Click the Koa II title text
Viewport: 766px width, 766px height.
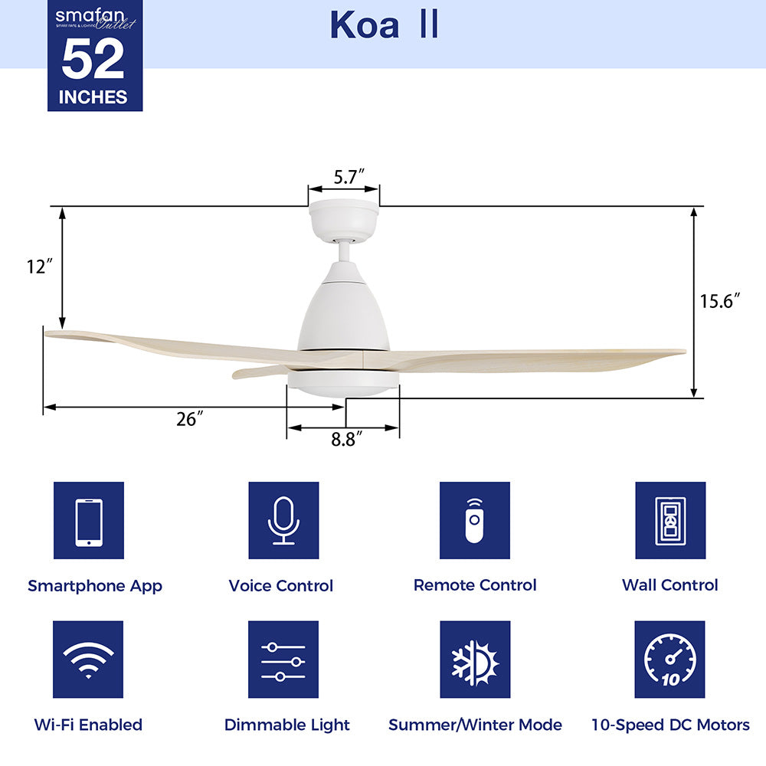tap(384, 25)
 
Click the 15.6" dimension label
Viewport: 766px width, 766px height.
tap(721, 301)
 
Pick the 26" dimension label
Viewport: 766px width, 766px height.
tap(188, 420)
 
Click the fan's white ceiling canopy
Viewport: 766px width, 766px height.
tap(344, 221)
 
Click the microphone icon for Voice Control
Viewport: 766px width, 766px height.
tap(283, 520)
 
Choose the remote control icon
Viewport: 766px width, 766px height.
tap(475, 520)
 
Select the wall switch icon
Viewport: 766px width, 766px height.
tap(670, 520)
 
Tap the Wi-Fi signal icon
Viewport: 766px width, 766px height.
tap(89, 660)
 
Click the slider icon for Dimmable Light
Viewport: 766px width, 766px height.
tap(283, 660)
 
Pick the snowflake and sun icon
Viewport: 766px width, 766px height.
tap(475, 660)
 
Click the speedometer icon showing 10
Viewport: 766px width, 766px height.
tap(670, 660)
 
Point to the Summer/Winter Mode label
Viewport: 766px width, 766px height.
tap(475, 725)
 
